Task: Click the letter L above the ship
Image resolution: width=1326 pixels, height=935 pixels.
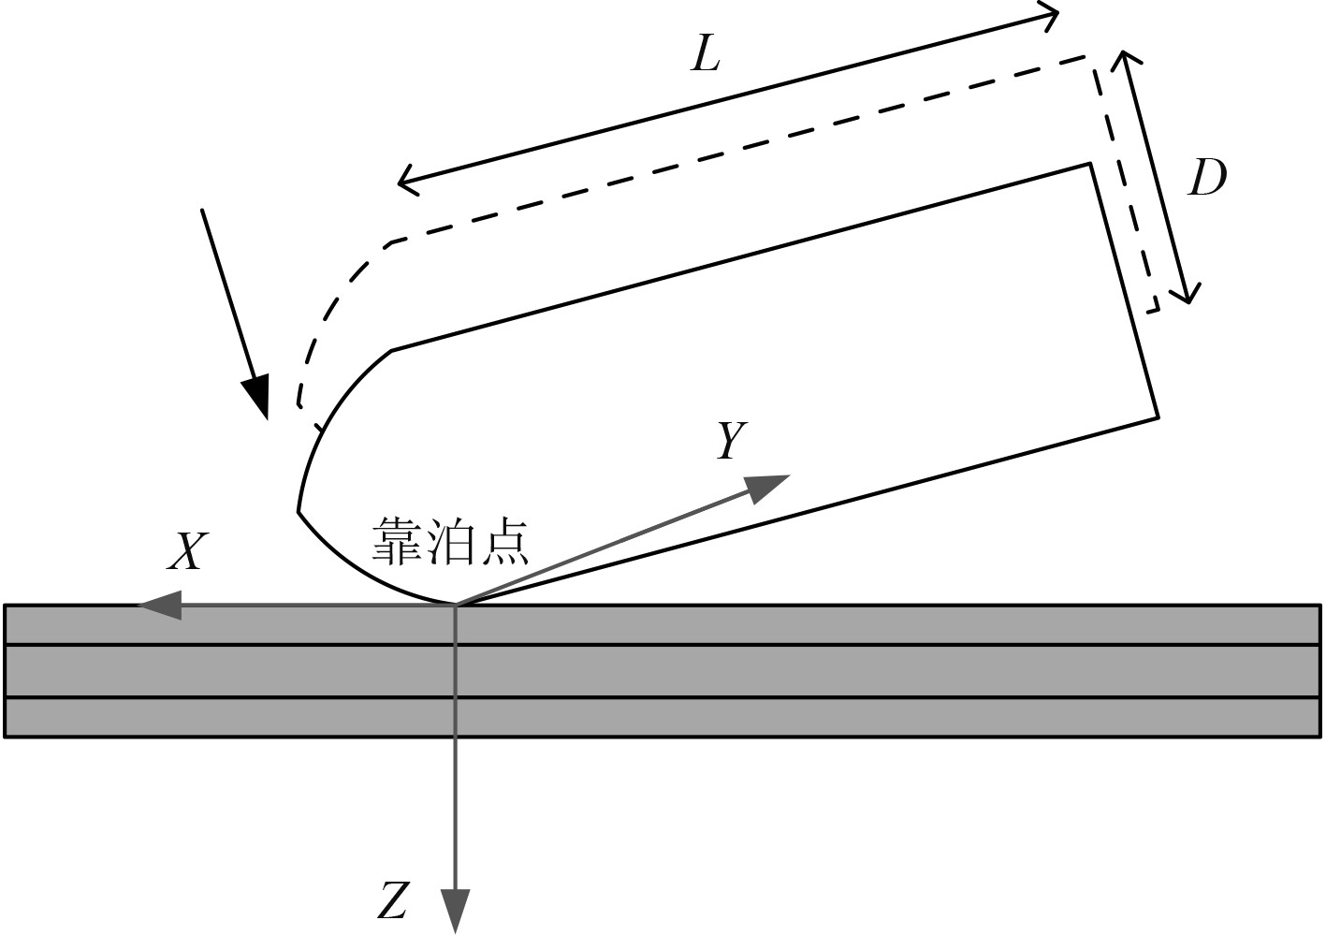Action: pos(706,57)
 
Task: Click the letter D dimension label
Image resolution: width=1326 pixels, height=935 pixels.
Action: pos(1206,178)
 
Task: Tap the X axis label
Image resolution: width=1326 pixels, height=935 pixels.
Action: pos(185,552)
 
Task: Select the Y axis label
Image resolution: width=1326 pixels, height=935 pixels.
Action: pos(731,441)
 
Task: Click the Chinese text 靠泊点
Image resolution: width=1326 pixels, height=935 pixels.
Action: pos(450,541)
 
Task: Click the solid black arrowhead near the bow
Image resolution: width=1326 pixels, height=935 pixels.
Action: pos(256,397)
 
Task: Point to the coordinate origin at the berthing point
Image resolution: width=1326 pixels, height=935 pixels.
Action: pos(456,606)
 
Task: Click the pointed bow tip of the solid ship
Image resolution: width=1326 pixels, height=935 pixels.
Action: pos(299,511)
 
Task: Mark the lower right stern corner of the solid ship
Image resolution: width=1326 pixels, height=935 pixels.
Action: pos(1158,416)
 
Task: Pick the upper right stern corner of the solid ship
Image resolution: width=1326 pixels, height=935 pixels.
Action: pos(1090,165)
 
